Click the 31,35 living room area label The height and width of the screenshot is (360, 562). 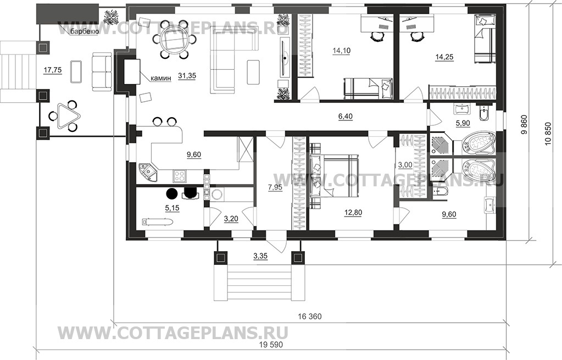click(x=187, y=76)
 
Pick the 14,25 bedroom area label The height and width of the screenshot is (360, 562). click(x=444, y=57)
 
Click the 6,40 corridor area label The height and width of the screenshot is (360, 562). click(x=345, y=116)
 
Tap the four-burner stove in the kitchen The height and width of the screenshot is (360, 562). click(x=179, y=175)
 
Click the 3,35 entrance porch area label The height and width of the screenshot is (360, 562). click(x=260, y=256)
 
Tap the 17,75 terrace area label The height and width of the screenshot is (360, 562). click(x=53, y=70)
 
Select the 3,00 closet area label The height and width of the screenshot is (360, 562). click(x=405, y=165)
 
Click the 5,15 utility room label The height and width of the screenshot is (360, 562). click(x=172, y=208)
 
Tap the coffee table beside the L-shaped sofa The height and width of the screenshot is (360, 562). click(x=253, y=71)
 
